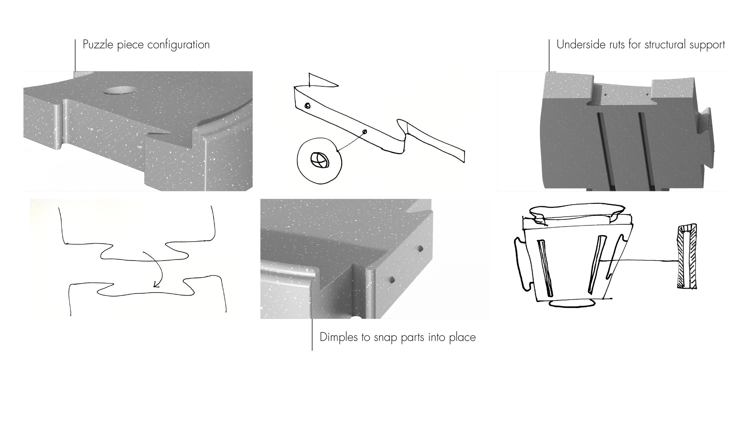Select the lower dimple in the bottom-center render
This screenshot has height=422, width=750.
pyautogui.click(x=392, y=279)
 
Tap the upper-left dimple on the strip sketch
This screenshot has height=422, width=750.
pyautogui.click(x=307, y=105)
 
